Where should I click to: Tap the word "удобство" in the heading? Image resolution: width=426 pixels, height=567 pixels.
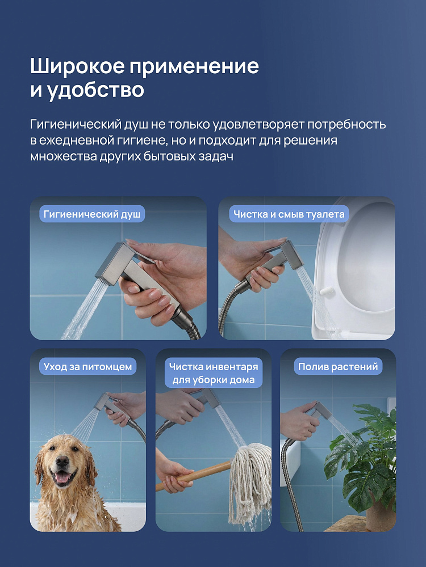(x=96, y=90)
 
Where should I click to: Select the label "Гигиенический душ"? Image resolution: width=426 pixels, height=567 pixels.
(x=92, y=214)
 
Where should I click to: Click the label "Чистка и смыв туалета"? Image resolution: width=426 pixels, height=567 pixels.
(x=289, y=214)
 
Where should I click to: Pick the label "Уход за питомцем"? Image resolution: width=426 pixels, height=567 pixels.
(x=87, y=367)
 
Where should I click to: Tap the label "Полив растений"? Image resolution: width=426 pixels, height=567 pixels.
(x=338, y=367)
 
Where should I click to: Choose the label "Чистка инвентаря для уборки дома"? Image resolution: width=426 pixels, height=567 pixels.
(x=214, y=373)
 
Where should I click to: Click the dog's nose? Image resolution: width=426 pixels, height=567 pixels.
(x=62, y=460)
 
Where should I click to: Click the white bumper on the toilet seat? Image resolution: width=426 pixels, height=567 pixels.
(x=325, y=291)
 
